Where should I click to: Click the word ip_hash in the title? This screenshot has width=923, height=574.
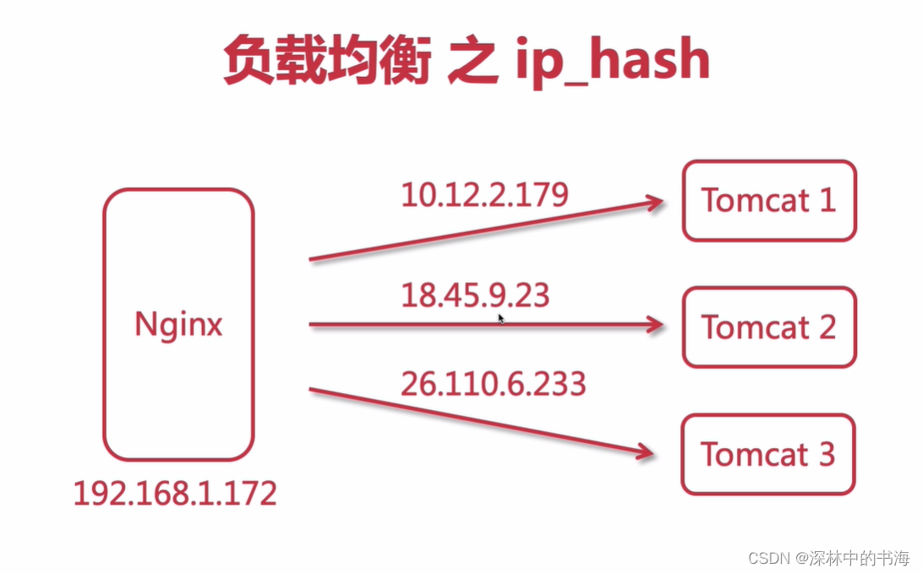click(613, 61)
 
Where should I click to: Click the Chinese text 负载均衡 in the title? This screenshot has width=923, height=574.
click(326, 61)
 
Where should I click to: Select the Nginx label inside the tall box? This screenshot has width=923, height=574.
click(178, 325)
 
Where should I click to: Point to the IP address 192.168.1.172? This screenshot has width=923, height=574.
click(175, 493)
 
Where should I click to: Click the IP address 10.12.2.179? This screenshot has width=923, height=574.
click(484, 194)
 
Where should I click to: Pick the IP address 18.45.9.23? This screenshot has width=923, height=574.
click(475, 296)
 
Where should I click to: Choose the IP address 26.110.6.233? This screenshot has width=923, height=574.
click(494, 384)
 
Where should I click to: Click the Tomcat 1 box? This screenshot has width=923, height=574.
click(769, 201)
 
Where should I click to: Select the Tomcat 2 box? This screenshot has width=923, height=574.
click(769, 327)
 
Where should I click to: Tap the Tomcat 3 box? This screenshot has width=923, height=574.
click(769, 455)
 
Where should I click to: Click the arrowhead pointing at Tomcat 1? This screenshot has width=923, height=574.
click(653, 203)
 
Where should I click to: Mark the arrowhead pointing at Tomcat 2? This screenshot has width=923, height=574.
click(653, 324)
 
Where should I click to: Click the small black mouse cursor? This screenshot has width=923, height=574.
click(500, 319)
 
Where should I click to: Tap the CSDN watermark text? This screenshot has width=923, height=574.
click(767, 559)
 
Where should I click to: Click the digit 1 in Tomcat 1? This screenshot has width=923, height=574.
click(825, 200)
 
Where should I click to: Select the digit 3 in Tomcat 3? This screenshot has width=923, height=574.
click(826, 455)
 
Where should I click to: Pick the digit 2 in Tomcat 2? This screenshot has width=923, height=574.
click(826, 327)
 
